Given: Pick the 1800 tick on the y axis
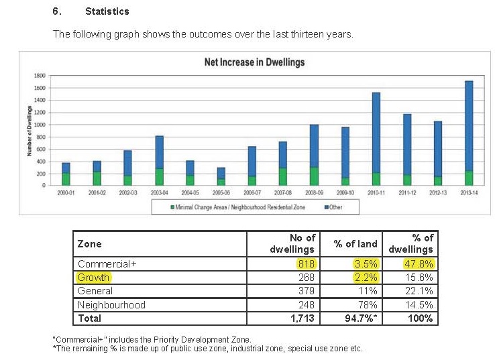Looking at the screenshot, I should [40, 76].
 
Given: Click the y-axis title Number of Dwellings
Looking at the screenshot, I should [30, 131].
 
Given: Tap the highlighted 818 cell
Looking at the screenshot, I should [305, 264].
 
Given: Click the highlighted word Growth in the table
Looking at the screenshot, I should [94, 278].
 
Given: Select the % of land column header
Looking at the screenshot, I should [355, 244].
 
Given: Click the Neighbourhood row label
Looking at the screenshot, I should [111, 305].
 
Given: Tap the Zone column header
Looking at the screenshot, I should [90, 244].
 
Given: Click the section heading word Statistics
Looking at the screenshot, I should [107, 11].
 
